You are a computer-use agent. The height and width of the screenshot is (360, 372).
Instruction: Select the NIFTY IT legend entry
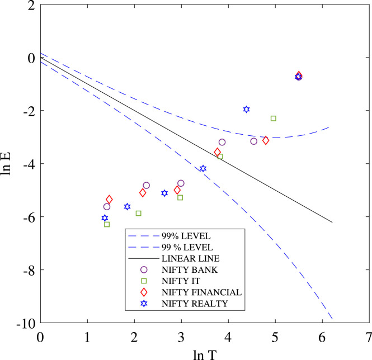tap(180, 281)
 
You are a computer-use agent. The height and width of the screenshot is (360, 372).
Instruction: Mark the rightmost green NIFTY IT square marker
tap(274, 118)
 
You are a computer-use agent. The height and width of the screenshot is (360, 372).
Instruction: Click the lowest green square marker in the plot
tap(107, 224)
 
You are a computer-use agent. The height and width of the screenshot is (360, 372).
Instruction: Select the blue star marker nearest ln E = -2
tap(246, 109)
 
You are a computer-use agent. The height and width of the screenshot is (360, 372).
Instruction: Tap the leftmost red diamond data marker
tap(109, 199)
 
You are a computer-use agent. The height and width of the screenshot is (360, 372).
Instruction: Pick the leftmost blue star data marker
tap(105, 218)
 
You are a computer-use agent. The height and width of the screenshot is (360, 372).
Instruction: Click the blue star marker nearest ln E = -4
tap(203, 168)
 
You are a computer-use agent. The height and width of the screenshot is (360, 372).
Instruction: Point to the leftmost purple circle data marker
tap(107, 207)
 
